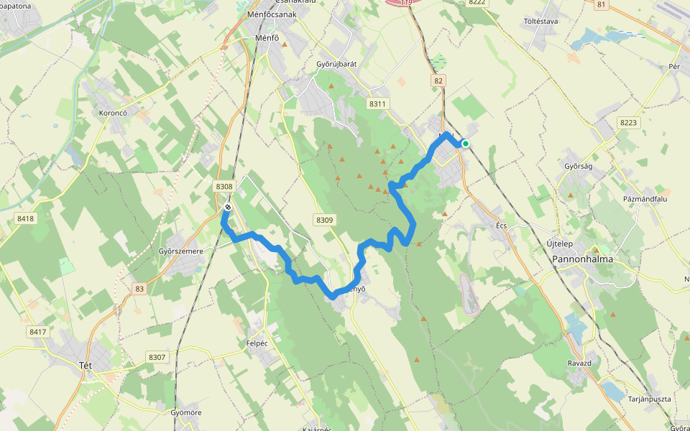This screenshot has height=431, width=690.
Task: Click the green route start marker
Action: [x=466, y=144]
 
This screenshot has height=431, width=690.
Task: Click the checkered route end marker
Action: [x=228, y=208]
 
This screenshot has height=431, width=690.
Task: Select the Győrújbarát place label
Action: [x=336, y=64]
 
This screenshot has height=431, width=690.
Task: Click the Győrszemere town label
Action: [x=180, y=251]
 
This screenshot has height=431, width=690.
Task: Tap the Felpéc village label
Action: [x=257, y=343]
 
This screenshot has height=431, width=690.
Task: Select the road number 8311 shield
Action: [x=377, y=104]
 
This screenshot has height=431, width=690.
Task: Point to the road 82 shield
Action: [x=438, y=81]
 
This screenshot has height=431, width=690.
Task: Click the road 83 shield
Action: [x=139, y=289]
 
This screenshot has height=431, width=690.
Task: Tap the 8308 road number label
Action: [x=224, y=187]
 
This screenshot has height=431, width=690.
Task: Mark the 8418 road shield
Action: [x=26, y=218]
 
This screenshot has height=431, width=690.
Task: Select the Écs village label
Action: [x=502, y=226]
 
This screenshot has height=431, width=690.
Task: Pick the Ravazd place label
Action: [x=579, y=363]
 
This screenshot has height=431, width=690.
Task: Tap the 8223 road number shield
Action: [x=628, y=123]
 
